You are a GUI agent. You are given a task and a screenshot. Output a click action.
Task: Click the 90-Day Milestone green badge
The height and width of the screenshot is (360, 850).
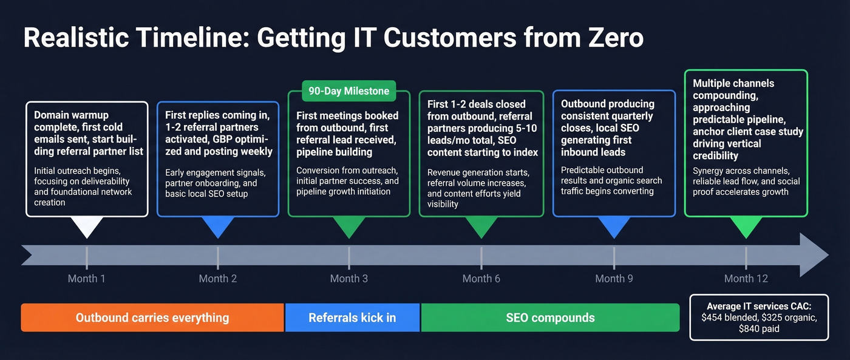click(348, 92)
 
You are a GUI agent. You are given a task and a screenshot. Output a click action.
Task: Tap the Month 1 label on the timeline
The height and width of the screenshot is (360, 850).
click(86, 279)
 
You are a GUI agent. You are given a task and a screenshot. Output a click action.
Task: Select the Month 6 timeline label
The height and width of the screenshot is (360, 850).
click(481, 279)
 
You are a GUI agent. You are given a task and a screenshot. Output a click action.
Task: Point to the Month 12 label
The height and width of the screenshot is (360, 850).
click(746, 279)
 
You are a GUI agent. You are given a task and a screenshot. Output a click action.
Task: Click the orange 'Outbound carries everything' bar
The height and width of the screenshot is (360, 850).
click(152, 318)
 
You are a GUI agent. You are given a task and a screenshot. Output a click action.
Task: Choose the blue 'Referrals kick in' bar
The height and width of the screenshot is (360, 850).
click(352, 318)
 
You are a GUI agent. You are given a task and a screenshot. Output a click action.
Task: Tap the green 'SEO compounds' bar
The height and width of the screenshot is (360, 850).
click(549, 318)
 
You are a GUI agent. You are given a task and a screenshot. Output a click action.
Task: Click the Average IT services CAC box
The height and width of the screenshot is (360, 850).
click(759, 318)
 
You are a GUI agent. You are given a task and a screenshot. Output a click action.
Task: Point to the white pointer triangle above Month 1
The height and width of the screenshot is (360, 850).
click(86, 227)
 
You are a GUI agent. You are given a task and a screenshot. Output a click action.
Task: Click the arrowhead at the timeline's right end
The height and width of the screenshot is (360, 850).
click(814, 255)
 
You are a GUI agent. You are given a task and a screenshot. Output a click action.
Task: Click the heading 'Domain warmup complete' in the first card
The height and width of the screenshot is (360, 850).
click(71, 121)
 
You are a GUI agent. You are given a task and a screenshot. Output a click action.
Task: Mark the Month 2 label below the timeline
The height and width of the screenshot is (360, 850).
click(217, 279)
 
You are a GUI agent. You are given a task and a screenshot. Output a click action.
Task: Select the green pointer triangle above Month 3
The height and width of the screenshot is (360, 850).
click(348, 227)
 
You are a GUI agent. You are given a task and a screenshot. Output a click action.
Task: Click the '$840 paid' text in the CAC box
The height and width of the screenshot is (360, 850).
click(759, 329)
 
